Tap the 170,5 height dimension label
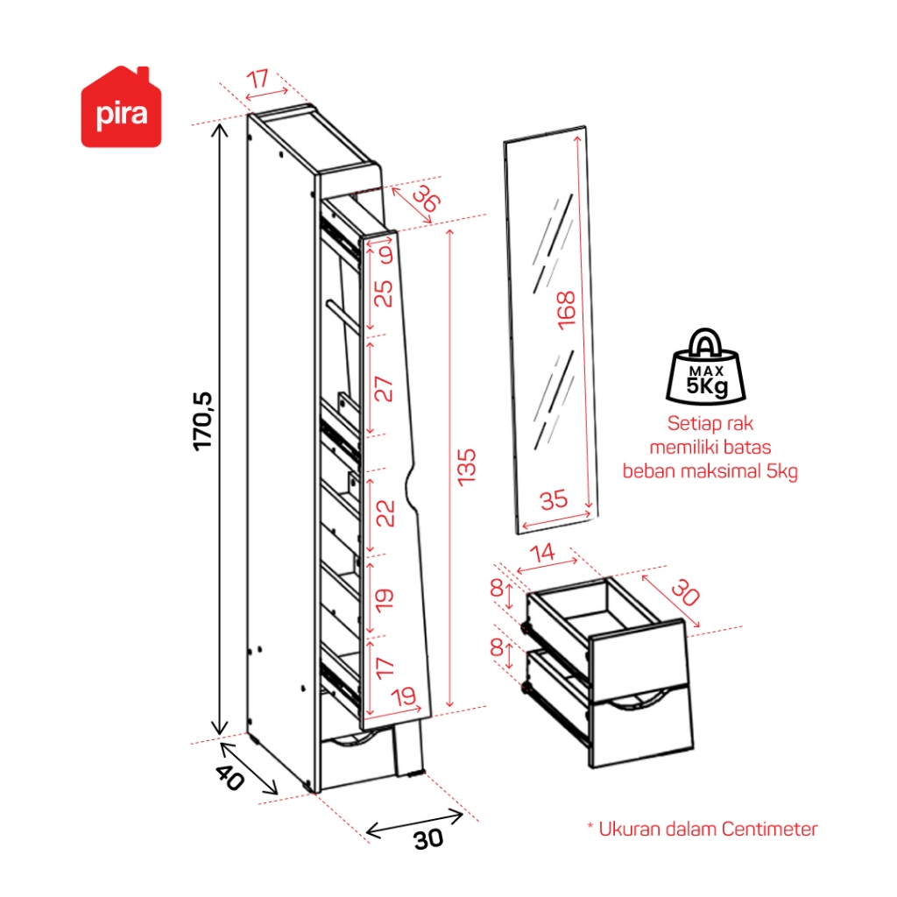click(x=204, y=421)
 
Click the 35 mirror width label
click(x=554, y=501)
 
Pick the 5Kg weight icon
click(x=705, y=366)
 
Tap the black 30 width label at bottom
click(x=428, y=839)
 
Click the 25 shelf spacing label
click(x=384, y=294)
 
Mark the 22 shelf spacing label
click(x=384, y=512)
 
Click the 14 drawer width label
click(x=545, y=552)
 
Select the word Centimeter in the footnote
click(x=770, y=828)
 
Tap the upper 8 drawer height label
click(x=497, y=590)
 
